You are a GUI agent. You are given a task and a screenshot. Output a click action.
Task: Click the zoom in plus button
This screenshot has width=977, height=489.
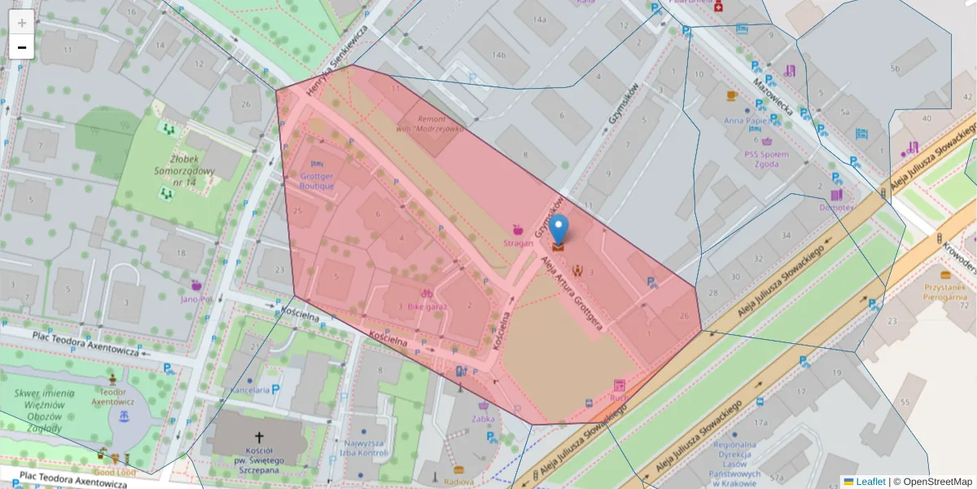tap(22, 22)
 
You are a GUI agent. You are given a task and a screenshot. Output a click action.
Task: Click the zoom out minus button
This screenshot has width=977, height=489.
tap(22, 47)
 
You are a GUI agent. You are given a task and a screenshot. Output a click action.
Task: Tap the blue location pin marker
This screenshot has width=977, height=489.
tap(559, 231)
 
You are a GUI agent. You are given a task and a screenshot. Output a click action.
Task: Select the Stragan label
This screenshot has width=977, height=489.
tap(517, 242)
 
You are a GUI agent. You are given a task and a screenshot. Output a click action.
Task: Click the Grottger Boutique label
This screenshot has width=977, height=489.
tap(317, 181)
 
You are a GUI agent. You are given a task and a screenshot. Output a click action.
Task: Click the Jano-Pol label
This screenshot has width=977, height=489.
tap(196, 298)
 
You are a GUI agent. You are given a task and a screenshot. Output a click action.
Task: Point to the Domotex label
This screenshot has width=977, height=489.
tap(836, 207)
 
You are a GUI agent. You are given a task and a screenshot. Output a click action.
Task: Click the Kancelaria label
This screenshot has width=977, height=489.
tap(250, 390)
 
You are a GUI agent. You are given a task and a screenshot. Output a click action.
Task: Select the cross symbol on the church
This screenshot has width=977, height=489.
tap(260, 438)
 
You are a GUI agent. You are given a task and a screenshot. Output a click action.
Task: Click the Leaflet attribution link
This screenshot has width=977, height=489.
tap(870, 482)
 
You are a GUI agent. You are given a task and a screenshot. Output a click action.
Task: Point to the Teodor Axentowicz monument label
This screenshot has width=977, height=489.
tap(112, 395)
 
